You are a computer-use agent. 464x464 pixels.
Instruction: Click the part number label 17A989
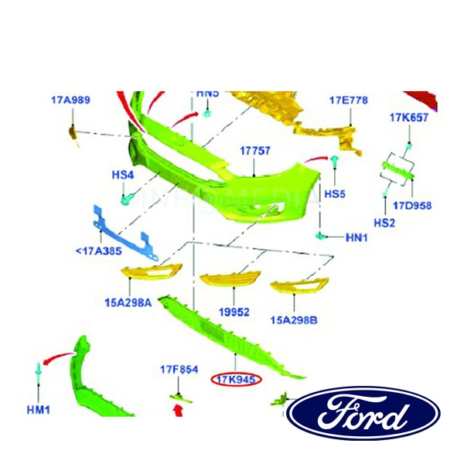(70, 100)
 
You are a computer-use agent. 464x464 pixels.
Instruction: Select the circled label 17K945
(237, 379)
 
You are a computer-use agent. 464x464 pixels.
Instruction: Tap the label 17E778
(348, 101)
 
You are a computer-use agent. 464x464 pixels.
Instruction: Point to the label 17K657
(409, 118)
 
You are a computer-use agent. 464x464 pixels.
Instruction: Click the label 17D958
(412, 206)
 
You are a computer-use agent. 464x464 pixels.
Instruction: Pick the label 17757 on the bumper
(254, 151)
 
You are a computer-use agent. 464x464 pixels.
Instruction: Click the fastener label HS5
(335, 193)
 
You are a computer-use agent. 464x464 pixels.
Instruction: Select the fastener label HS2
(384, 223)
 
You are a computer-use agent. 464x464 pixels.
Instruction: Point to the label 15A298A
(128, 303)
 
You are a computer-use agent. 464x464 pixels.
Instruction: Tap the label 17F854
(179, 370)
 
